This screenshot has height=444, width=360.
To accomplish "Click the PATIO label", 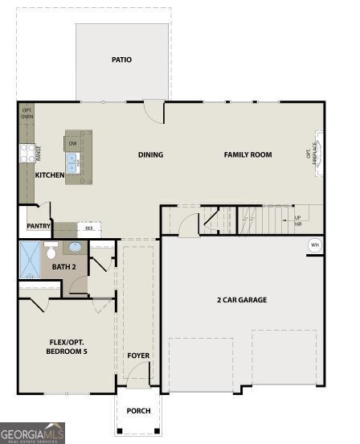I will point(122,60).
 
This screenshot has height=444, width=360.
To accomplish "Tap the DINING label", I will point(150,155).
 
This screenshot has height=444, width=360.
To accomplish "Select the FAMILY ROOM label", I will point(247,155).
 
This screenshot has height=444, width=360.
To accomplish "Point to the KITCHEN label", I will point(49,175).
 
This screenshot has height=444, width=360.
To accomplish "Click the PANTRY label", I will point(39,227).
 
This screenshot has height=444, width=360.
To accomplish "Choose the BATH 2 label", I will point(63,266).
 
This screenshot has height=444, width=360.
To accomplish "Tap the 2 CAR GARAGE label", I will point(241,300).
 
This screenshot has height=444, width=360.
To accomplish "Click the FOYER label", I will point(138,355).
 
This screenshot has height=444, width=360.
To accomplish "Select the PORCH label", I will point(138,411).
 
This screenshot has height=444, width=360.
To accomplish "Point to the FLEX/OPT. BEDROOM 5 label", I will point(67,347).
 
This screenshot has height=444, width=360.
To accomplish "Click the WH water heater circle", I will point(314,245).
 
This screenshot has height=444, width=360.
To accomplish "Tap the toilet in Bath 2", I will point(51,251).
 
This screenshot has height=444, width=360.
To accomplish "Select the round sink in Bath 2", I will point(76,248).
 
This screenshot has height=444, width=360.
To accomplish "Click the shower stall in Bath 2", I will point(31,259).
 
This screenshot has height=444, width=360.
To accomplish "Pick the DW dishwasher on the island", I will point(72,143).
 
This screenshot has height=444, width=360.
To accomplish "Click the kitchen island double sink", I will point(72,166).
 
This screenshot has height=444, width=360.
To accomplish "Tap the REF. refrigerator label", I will point(89,228).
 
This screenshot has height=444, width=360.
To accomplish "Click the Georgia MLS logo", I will point(32,433).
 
